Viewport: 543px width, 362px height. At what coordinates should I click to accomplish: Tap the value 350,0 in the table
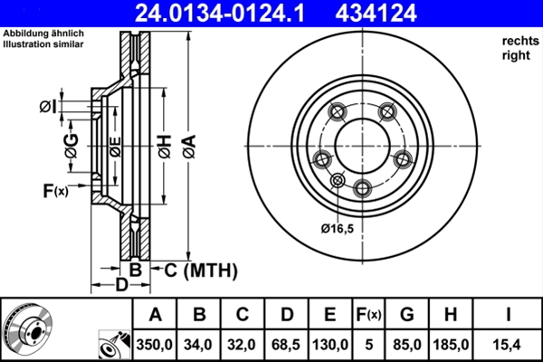[156, 344]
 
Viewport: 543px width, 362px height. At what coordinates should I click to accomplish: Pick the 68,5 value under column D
[287, 344]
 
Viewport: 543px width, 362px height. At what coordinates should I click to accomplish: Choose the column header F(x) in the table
[368, 315]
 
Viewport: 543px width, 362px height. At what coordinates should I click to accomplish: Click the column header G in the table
[408, 315]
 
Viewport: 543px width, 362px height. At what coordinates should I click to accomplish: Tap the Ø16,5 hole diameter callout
[336, 227]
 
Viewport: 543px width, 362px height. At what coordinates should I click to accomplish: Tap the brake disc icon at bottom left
[28, 327]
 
